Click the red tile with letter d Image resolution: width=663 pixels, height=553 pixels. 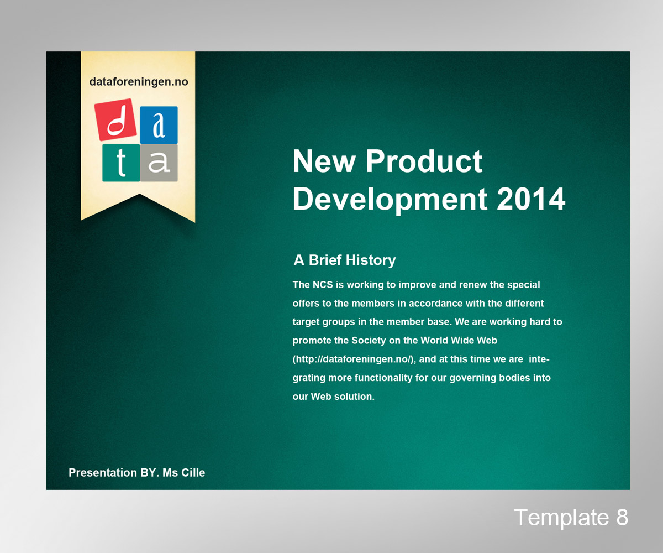(117, 119)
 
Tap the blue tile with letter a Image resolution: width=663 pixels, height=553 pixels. (159, 125)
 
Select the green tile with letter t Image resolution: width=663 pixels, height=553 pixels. (121, 163)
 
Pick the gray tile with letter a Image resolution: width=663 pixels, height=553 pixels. (159, 163)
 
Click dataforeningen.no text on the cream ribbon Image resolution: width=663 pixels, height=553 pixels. (139, 82)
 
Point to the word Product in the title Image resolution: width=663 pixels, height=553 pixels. (424, 161)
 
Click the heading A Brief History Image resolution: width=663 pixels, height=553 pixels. (344, 260)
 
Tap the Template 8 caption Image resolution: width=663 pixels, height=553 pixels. (571, 518)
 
